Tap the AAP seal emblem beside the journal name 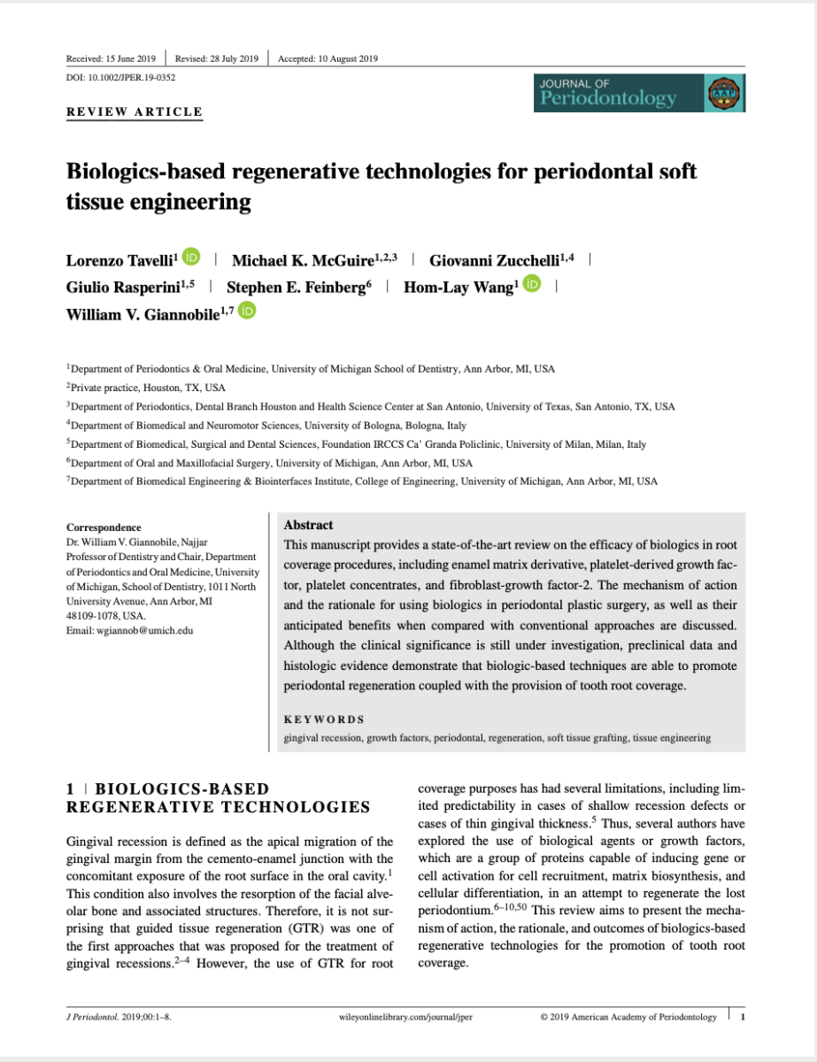click(725, 93)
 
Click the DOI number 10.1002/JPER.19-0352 click(120, 78)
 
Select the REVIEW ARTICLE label click(135, 112)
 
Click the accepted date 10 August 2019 click(328, 59)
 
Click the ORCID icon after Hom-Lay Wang click(532, 285)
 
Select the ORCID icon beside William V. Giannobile click(247, 311)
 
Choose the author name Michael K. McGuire click(302, 260)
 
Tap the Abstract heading click(308, 525)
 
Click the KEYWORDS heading click(324, 720)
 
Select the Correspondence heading click(103, 527)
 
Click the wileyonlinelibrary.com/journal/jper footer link click(405, 1017)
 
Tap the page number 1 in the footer click(743, 1017)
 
